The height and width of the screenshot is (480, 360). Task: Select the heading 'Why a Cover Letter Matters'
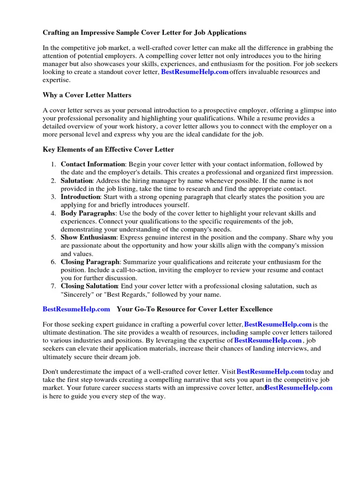[87, 95]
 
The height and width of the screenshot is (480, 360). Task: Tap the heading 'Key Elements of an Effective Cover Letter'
[108, 150]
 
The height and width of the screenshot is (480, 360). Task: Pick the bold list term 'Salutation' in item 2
[76, 180]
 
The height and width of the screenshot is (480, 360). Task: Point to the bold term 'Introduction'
[80, 197]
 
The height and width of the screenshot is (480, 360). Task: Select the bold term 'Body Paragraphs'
[88, 213]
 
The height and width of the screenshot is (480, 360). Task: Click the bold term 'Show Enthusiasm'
[89, 238]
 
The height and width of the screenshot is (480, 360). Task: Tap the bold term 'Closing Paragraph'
[90, 262]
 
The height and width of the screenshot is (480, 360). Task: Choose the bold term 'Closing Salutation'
[89, 286]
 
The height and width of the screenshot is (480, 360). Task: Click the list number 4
[53, 213]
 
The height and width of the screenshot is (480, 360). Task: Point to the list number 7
[53, 286]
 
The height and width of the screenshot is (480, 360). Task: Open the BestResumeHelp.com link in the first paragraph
[195, 72]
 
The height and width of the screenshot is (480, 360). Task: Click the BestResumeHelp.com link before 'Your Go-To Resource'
[76, 309]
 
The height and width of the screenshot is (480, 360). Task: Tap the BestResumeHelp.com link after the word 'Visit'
[270, 372]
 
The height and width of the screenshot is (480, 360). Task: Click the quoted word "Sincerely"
[77, 294]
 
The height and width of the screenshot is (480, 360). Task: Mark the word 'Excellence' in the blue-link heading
[255, 309]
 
